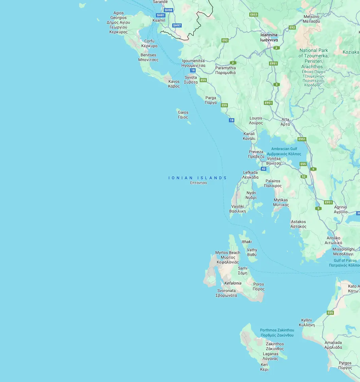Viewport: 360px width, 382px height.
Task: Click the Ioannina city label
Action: point(269,37)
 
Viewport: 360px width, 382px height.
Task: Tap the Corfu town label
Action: point(149,43)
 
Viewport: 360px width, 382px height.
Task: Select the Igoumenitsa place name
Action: point(193,63)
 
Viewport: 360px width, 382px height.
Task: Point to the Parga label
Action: point(211,100)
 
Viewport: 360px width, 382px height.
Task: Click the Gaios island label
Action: point(183,115)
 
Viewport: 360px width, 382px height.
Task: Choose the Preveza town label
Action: point(256,154)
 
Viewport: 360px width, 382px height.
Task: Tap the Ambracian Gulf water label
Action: point(284,151)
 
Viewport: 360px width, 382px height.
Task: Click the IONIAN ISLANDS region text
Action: point(198,178)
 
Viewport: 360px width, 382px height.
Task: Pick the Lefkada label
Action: point(250,175)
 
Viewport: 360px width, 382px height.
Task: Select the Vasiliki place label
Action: point(237,208)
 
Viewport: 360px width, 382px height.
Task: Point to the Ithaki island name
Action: point(247,242)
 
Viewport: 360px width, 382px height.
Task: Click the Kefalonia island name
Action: point(233,283)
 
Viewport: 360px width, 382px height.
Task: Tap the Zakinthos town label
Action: point(275,346)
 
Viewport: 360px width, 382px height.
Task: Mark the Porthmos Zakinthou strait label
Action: point(277,332)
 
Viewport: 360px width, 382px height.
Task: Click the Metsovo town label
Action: point(311,19)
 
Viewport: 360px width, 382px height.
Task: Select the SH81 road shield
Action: point(160,15)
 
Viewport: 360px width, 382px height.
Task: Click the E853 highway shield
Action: point(253,15)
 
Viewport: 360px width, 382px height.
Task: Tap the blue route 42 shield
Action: point(264,169)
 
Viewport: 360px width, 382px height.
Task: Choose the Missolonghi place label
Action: point(343,252)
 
